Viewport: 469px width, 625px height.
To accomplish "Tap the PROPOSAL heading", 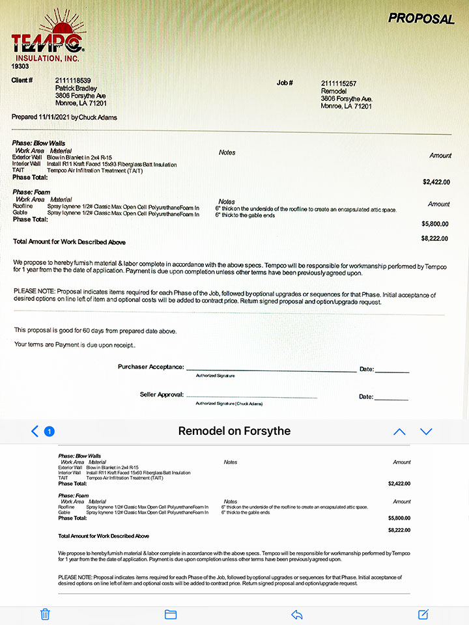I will click(421, 18).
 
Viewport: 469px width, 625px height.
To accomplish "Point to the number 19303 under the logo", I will click(20, 66).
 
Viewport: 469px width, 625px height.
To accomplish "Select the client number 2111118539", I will click(73, 80).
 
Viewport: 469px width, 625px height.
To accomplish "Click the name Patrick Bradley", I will click(76, 88).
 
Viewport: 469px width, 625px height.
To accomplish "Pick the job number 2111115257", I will click(339, 83).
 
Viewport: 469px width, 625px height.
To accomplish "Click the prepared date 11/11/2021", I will click(53, 117).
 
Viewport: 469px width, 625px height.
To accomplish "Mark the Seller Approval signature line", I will click(251, 396).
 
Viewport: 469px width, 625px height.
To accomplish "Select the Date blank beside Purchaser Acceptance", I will click(392, 371).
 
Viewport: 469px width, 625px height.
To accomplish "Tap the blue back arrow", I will click(35, 431).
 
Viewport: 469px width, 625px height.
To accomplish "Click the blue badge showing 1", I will click(49, 431).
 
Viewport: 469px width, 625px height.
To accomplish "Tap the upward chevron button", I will click(399, 432).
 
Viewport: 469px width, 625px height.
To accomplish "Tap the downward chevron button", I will click(426, 432).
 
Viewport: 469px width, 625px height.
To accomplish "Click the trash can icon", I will click(45, 614).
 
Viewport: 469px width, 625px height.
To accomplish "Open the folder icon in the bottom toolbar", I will click(171, 614).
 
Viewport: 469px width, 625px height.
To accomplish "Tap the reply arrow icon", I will click(297, 614).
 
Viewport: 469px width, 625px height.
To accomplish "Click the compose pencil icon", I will click(423, 614).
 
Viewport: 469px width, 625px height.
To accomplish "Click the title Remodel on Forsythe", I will click(234, 431).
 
